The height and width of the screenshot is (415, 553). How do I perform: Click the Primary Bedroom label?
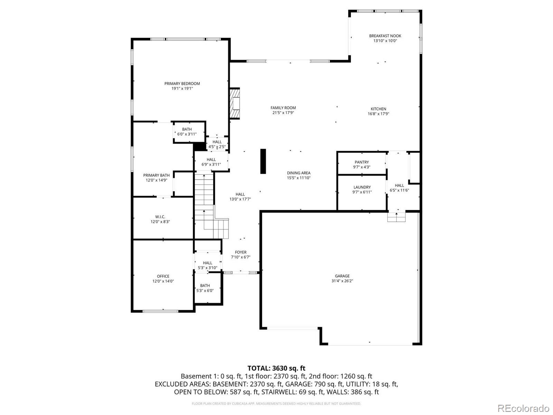(x=182, y=84)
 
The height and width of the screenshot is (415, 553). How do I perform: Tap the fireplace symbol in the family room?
(x=235, y=103)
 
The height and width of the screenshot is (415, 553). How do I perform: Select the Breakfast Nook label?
(x=385, y=36)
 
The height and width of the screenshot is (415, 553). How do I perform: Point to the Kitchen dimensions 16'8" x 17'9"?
(x=378, y=114)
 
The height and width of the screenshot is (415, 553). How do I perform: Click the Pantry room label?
(x=362, y=162)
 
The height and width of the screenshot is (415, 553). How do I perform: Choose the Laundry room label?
(x=362, y=187)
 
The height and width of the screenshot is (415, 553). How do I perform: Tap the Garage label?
(x=342, y=276)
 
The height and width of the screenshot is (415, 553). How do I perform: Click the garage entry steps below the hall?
(x=396, y=217)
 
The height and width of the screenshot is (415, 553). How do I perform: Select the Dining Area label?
(x=299, y=173)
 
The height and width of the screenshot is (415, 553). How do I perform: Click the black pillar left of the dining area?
(x=263, y=161)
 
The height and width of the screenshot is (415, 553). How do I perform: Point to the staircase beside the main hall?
(x=204, y=204)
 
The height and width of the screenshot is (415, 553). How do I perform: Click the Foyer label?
(x=241, y=252)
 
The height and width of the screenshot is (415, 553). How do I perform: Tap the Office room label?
(x=163, y=276)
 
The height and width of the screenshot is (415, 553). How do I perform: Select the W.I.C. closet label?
(x=160, y=217)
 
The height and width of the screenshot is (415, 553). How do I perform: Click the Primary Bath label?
(x=156, y=175)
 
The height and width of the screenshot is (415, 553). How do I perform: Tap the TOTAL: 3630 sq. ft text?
(x=276, y=368)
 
